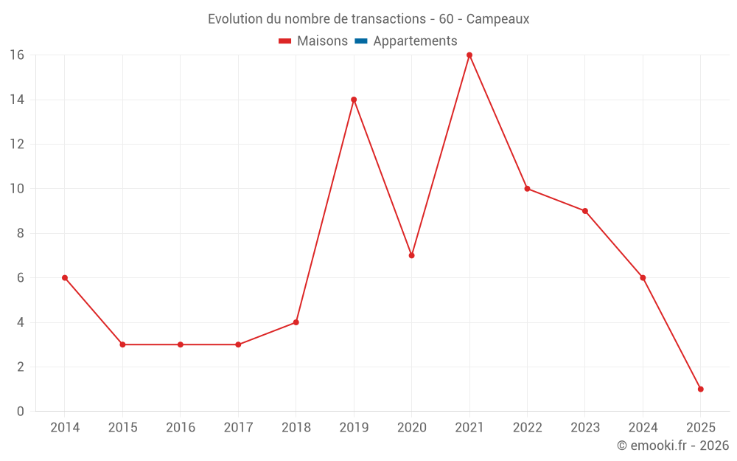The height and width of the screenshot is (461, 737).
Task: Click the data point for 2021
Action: [x=469, y=55]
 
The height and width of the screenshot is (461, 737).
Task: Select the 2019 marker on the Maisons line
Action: [x=354, y=100]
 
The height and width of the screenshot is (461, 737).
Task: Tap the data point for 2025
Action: [x=700, y=389]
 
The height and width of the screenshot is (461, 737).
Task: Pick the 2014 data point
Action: [x=65, y=278]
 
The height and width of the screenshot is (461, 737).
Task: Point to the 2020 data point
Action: [x=411, y=255]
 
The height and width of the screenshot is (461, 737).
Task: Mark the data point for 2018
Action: [x=296, y=322]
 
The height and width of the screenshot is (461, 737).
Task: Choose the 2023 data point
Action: [x=585, y=211]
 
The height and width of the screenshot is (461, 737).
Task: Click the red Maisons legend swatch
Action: [x=285, y=41]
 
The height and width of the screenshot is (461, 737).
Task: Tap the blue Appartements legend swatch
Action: [x=361, y=41]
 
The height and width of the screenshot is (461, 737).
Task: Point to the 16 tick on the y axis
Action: [x=17, y=55]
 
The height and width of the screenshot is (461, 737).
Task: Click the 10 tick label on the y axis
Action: [x=17, y=189]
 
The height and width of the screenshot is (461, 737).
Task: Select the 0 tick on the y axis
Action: [x=21, y=412]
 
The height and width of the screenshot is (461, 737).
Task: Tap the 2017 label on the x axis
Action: [x=238, y=428]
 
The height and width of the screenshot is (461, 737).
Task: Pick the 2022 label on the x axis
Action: [x=527, y=428]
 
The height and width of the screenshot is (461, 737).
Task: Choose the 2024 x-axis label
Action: [x=643, y=428]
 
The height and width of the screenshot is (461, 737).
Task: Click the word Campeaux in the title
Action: [x=498, y=19]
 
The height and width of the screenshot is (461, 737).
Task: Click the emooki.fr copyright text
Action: [x=673, y=446]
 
